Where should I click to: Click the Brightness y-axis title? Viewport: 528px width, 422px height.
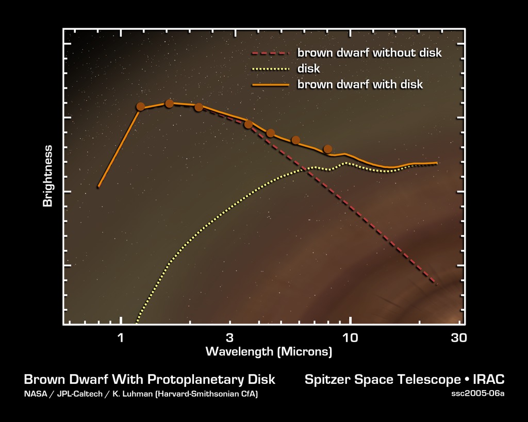[x=48, y=176]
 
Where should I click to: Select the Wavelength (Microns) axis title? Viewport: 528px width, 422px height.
[x=269, y=352]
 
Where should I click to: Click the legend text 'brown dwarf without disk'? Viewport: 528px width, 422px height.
[x=369, y=53]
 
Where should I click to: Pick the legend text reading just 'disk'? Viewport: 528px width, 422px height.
[x=308, y=69]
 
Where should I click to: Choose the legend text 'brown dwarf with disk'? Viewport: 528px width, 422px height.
[x=360, y=84]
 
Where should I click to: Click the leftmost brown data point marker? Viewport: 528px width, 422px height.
[x=140, y=107]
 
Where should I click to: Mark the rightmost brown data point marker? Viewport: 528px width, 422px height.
[x=327, y=149]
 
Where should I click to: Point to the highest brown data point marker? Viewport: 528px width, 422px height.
[x=169, y=104]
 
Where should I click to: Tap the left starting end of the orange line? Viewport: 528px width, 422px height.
[x=98, y=187]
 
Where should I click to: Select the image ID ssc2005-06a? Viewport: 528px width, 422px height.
[x=477, y=394]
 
